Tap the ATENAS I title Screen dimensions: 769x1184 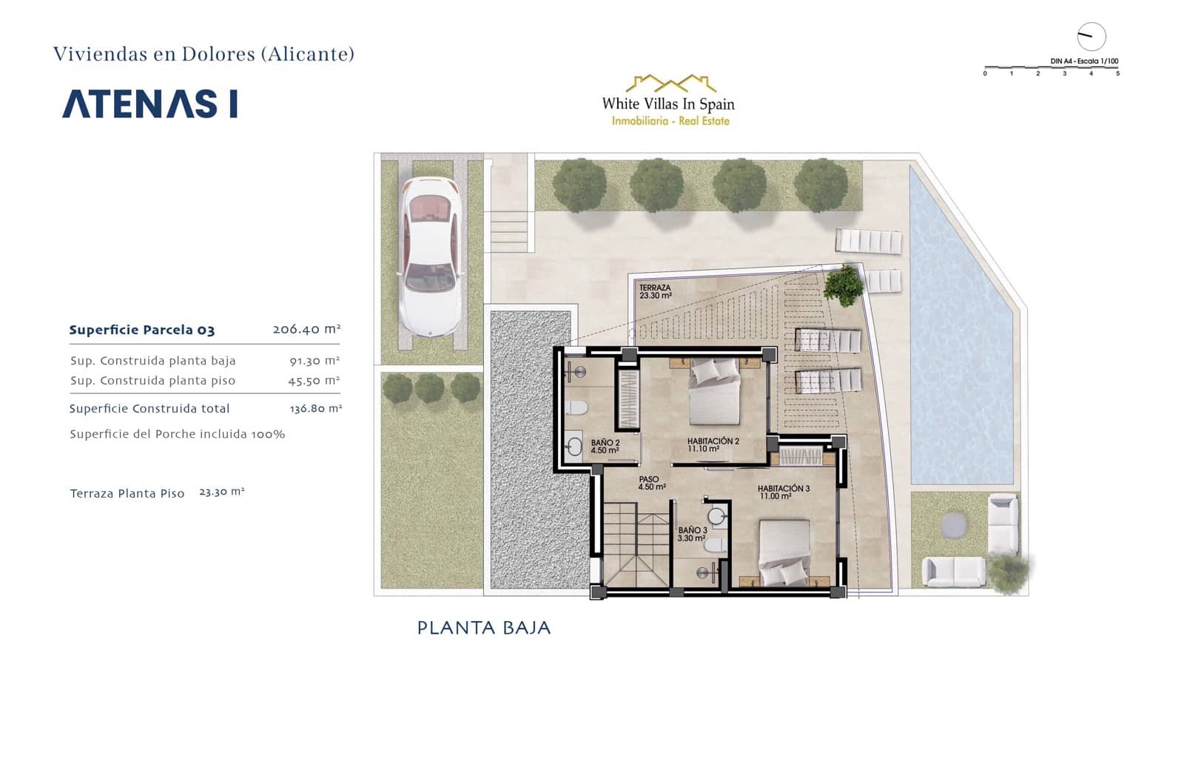coord(150,104)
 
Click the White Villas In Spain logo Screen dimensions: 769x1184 coord(668,101)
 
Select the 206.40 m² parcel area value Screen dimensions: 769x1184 coord(306,329)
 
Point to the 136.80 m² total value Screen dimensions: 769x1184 coord(315,408)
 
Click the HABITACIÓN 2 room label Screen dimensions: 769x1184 coord(713,444)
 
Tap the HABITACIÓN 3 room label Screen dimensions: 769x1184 coord(784,492)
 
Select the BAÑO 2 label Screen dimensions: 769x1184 coord(605,447)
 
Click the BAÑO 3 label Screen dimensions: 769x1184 coord(693,534)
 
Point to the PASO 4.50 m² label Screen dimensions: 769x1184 coord(652,483)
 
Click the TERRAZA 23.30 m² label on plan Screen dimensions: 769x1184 coord(655,291)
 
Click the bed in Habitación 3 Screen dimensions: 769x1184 coord(784,553)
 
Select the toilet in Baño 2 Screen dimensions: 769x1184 coord(578,407)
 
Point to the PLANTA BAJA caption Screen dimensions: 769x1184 coord(484,628)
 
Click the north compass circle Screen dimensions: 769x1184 coord(1091,36)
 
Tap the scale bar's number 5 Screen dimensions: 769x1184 coord(1117,73)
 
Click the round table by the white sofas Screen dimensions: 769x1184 coord(954,525)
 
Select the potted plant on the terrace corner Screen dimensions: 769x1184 coord(844,284)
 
